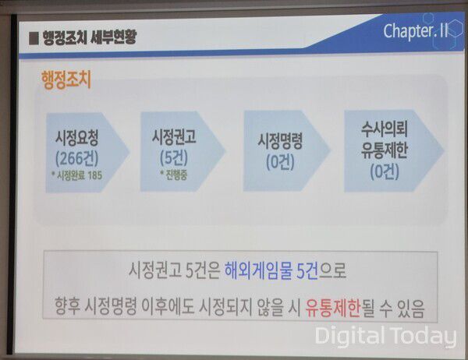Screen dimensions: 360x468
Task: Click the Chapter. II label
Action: click(x=415, y=31)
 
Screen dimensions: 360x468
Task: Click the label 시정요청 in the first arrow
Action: click(x=78, y=138)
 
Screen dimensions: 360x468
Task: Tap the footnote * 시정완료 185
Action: click(x=79, y=174)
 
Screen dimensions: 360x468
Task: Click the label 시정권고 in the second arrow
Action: click(x=173, y=138)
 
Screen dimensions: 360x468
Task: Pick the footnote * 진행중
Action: click(x=174, y=174)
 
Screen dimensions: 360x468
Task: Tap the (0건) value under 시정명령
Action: click(x=280, y=163)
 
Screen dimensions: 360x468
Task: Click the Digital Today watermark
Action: click(x=385, y=337)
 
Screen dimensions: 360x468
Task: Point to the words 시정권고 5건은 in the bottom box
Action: click(x=173, y=272)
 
